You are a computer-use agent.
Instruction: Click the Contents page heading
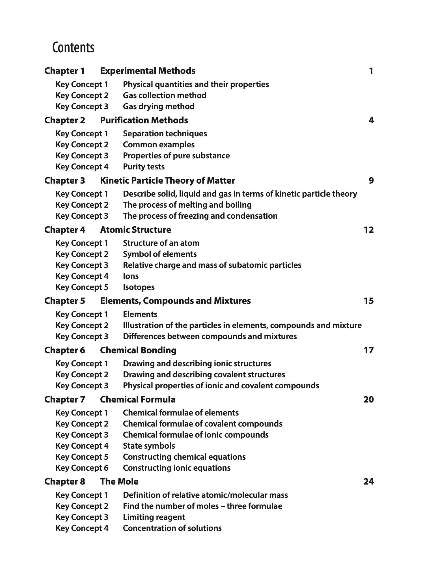click(73, 48)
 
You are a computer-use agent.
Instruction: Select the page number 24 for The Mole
click(368, 481)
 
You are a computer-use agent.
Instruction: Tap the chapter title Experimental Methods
click(148, 71)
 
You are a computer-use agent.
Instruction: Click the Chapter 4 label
click(64, 230)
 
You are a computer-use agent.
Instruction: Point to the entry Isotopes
click(139, 287)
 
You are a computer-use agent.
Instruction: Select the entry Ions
click(131, 276)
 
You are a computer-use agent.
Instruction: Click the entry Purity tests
click(144, 167)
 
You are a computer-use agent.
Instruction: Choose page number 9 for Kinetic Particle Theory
click(371, 180)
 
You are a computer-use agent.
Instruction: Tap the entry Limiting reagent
click(154, 517)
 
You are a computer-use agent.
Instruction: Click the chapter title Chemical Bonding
click(138, 350)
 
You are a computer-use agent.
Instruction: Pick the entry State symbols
click(149, 446)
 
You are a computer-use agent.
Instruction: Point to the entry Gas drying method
click(159, 106)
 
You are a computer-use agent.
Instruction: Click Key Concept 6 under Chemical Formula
click(82, 468)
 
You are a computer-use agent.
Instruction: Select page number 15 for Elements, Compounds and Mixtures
click(368, 301)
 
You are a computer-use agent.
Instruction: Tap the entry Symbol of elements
click(160, 254)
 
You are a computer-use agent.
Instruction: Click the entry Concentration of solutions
click(172, 528)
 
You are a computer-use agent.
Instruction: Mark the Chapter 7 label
click(64, 399)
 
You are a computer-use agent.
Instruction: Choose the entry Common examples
click(159, 145)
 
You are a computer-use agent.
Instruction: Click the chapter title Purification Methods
click(144, 120)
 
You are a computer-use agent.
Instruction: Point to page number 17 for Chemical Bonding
click(368, 350)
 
